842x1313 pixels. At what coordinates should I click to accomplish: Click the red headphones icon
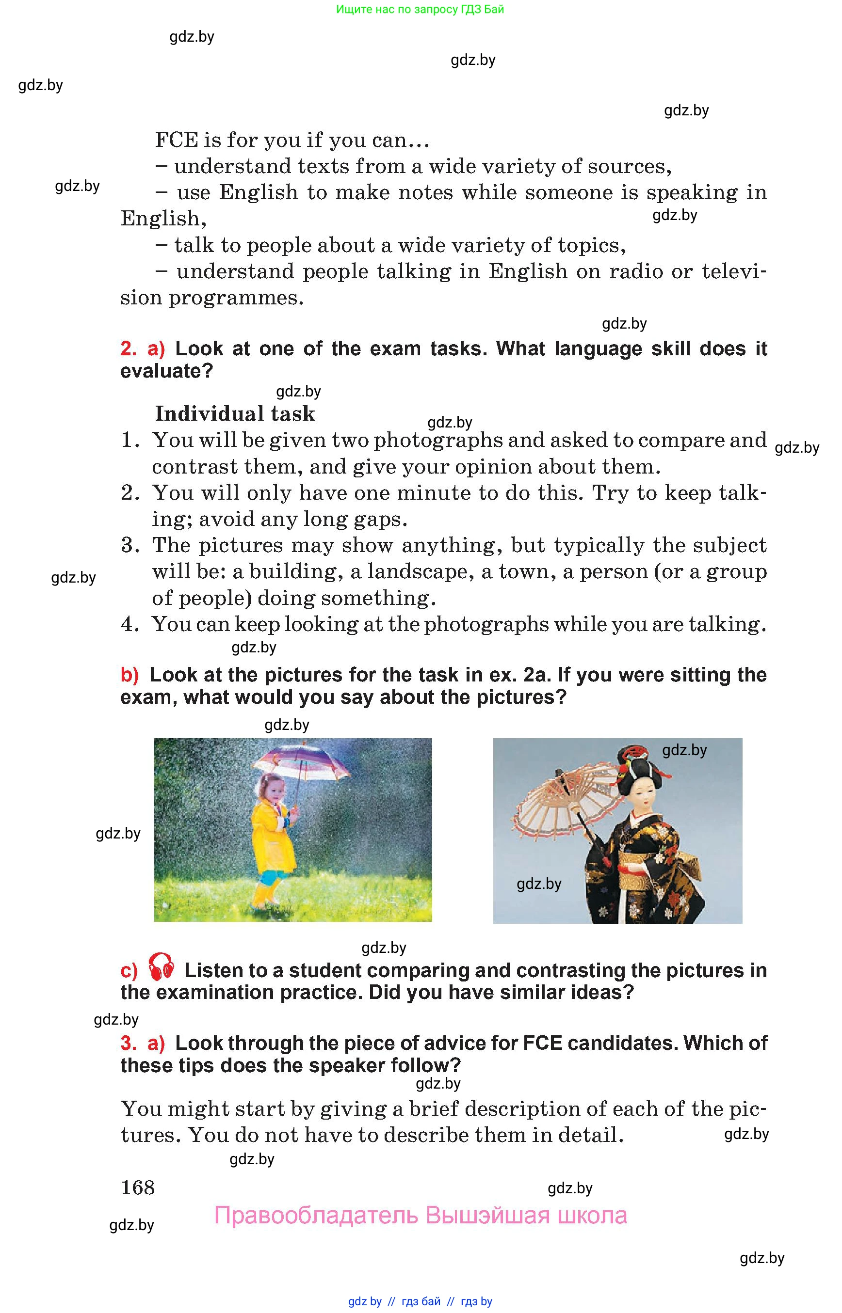pyautogui.click(x=162, y=967)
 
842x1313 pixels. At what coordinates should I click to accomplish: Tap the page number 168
pyautogui.click(x=138, y=1187)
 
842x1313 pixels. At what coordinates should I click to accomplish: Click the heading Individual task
pyautogui.click(x=235, y=413)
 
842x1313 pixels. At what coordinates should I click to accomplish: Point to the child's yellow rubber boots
pyautogui.click(x=263, y=894)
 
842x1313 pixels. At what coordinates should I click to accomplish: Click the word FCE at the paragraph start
pyautogui.click(x=177, y=141)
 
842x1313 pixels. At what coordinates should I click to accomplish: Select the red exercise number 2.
pyautogui.click(x=128, y=348)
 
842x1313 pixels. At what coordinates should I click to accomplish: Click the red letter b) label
pyautogui.click(x=130, y=675)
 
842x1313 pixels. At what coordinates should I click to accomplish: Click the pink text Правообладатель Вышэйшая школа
pyautogui.click(x=421, y=1216)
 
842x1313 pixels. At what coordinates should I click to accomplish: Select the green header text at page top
pyautogui.click(x=420, y=9)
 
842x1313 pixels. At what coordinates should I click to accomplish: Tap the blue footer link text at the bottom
pyautogui.click(x=420, y=1301)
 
